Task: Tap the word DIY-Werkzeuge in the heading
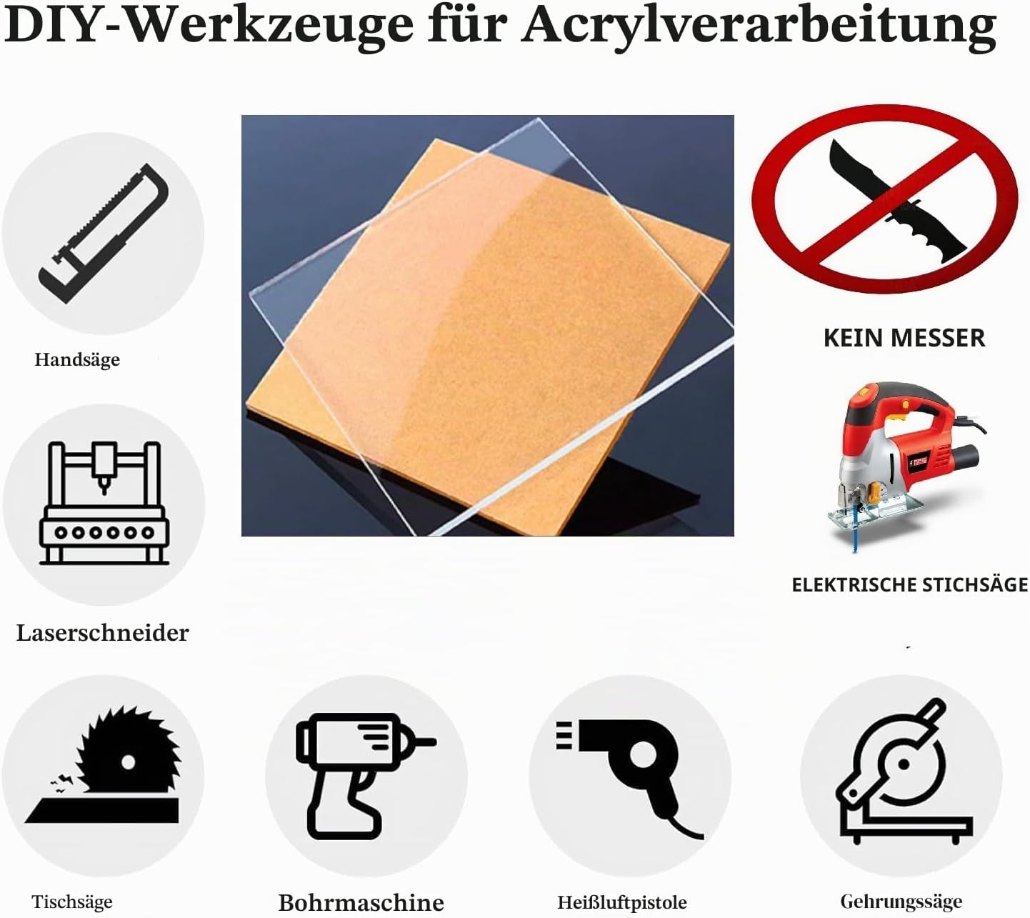tap(209, 26)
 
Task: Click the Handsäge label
tap(77, 359)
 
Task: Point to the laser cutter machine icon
tap(104, 503)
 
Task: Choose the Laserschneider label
tap(103, 633)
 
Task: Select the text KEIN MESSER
tap(904, 338)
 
